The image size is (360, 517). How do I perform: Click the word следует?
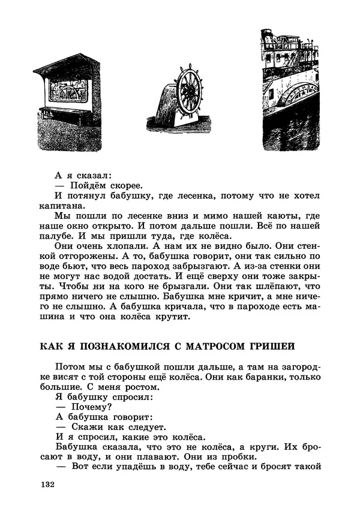click(x=161, y=427)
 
